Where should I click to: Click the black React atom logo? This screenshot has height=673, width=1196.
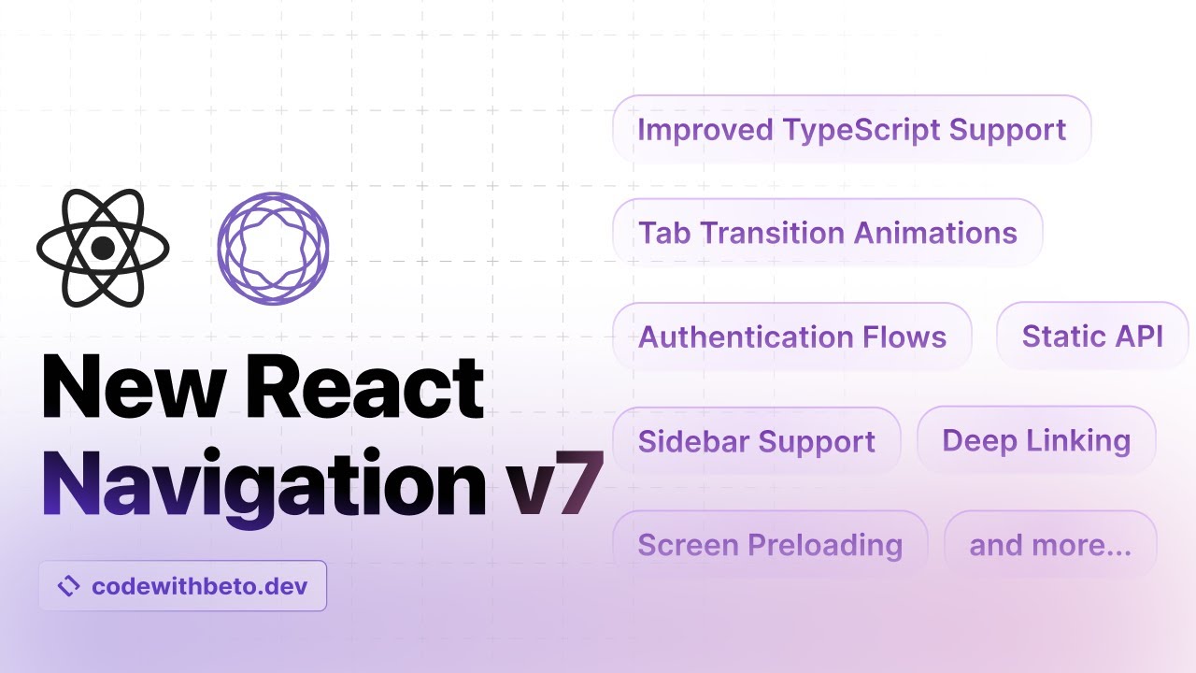(x=103, y=248)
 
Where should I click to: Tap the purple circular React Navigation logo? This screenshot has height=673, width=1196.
(x=273, y=248)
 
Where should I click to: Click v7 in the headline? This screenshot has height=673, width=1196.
(x=552, y=485)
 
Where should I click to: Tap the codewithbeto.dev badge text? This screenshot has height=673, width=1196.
(x=198, y=586)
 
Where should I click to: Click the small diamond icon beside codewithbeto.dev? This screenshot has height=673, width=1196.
(x=69, y=586)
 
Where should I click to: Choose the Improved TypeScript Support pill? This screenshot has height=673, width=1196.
(x=851, y=129)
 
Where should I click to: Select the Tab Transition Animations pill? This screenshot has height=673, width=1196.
(x=827, y=232)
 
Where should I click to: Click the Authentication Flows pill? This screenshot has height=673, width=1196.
(x=791, y=336)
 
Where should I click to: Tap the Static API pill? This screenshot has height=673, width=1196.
(x=1092, y=336)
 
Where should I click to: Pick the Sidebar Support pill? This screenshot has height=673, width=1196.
(x=756, y=441)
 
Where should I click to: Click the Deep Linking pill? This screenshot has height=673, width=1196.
(x=1036, y=439)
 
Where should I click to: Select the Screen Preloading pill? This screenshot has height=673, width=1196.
(x=770, y=544)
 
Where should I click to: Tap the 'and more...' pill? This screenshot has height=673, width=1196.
(x=1050, y=544)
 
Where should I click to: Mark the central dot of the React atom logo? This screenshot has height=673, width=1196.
(x=103, y=248)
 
